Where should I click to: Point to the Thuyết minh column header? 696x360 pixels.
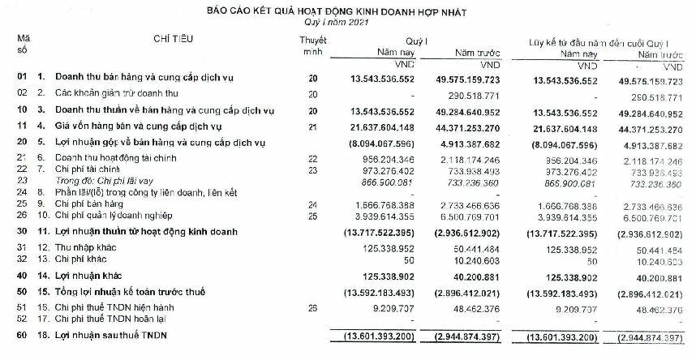coord(312,46)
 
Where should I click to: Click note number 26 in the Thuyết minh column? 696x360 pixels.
coord(312,308)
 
